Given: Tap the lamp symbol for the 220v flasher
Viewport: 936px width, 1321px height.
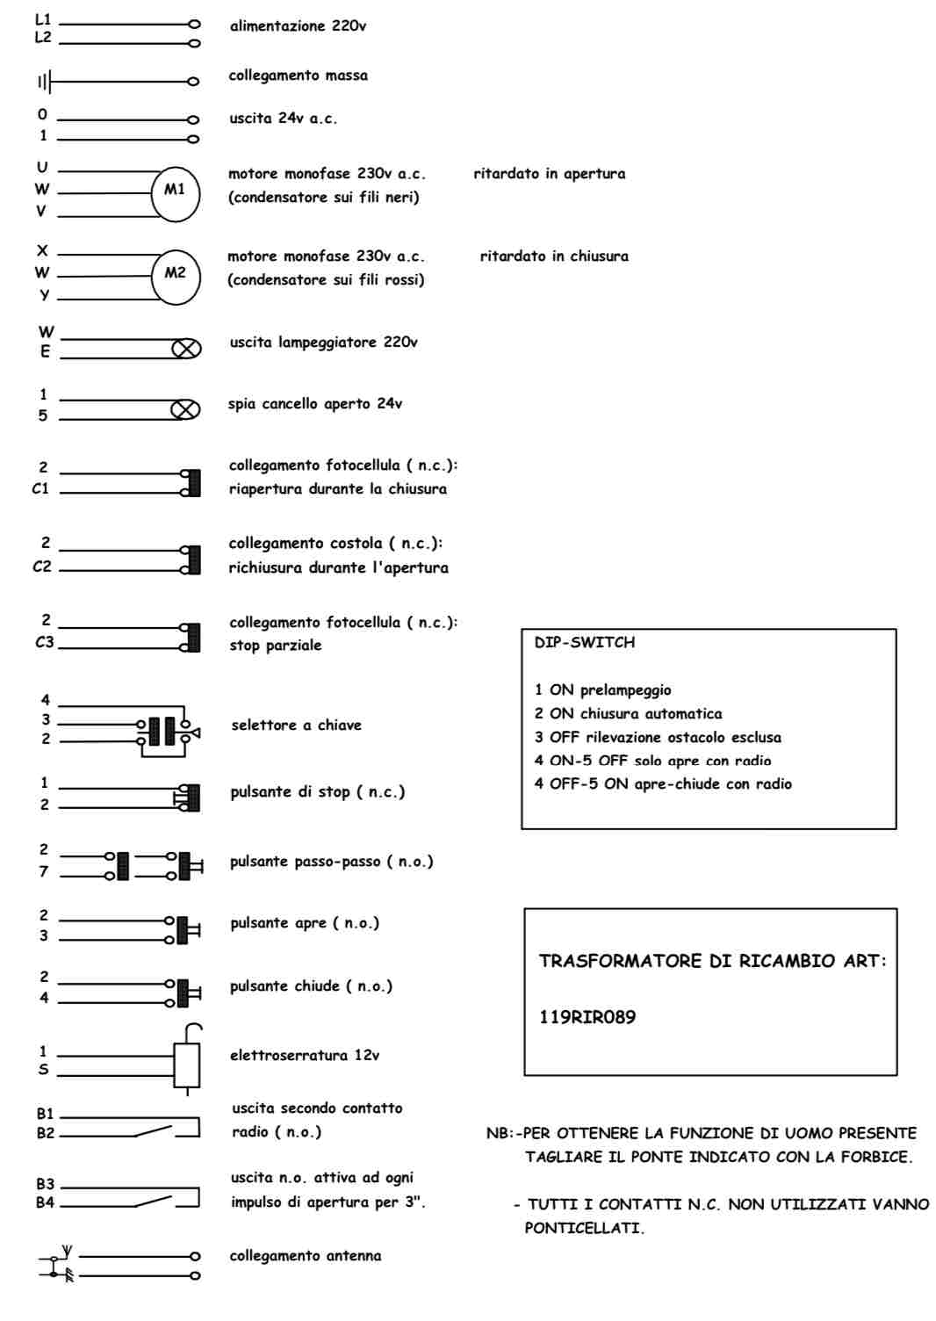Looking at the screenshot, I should click(185, 349).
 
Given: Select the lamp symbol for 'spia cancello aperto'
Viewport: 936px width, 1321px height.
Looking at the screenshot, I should click(185, 409).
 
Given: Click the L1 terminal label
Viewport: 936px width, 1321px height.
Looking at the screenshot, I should click(43, 18).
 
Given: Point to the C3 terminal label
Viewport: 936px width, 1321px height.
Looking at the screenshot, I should click(44, 642).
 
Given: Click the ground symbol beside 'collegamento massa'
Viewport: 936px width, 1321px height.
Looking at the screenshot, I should click(44, 82).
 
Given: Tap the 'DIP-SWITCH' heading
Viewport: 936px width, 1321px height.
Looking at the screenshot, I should click(584, 643).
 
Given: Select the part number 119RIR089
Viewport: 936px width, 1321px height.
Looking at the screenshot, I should click(587, 1017).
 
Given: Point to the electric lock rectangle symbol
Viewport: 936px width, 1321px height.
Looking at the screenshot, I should click(187, 1065).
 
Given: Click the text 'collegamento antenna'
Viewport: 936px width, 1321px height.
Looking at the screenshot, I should click(305, 1256).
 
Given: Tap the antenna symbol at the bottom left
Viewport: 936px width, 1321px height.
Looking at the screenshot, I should click(58, 1263).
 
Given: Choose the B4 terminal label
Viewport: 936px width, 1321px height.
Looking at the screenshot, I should click(45, 1202).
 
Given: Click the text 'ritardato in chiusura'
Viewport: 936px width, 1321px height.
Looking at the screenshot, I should click(554, 256).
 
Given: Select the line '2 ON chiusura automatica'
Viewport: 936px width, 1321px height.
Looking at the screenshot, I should click(628, 714).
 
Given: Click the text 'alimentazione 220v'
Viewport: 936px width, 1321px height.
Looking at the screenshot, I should click(298, 26).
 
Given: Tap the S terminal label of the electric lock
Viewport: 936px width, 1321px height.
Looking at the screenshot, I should click(43, 1070).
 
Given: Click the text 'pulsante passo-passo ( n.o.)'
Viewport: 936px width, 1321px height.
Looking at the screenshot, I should click(331, 862).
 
